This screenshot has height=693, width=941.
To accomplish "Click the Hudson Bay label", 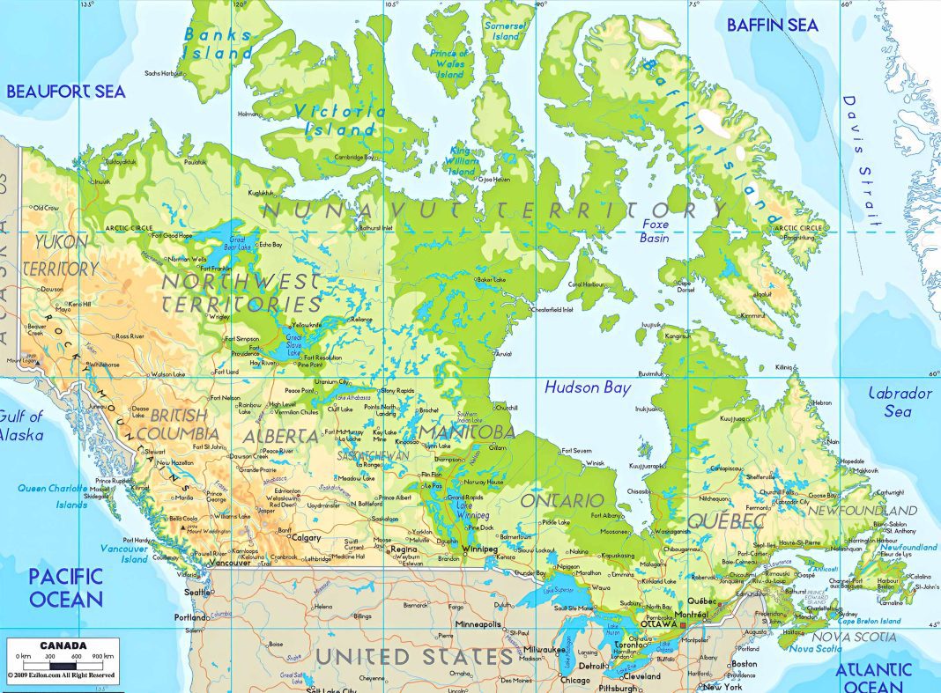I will click(588, 387).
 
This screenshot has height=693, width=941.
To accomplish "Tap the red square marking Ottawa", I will click(682, 625).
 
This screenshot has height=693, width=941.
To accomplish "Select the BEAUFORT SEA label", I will click(66, 91).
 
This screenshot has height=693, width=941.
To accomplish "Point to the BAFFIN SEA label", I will click(772, 25).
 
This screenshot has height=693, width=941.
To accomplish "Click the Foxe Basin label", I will click(655, 231).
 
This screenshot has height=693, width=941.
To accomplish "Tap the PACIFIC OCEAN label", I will click(65, 588).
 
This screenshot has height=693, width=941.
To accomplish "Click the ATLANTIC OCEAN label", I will click(886, 677).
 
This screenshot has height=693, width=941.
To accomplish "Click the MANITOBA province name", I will click(466, 432).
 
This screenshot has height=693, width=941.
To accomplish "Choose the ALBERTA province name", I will click(282, 436).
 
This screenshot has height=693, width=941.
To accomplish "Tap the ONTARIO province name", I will click(561, 500).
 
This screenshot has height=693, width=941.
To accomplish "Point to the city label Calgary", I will click(306, 537).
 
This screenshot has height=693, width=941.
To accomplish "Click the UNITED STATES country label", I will click(414, 657).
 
